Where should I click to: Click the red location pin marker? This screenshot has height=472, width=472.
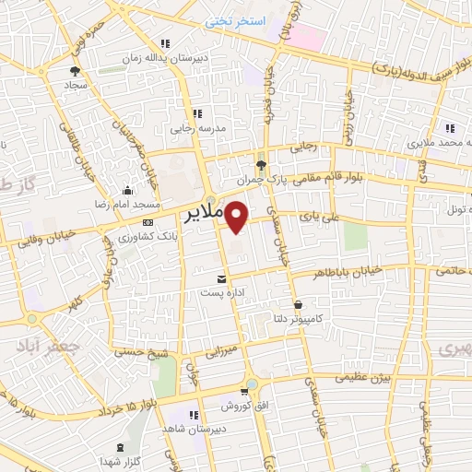[x=237, y=218]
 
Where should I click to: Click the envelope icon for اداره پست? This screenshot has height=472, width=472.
[x=220, y=277]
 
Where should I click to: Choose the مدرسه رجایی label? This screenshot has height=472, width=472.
[x=194, y=129]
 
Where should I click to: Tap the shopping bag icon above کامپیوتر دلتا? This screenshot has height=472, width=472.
[x=297, y=305]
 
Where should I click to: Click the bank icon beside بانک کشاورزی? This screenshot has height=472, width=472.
[x=147, y=223]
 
